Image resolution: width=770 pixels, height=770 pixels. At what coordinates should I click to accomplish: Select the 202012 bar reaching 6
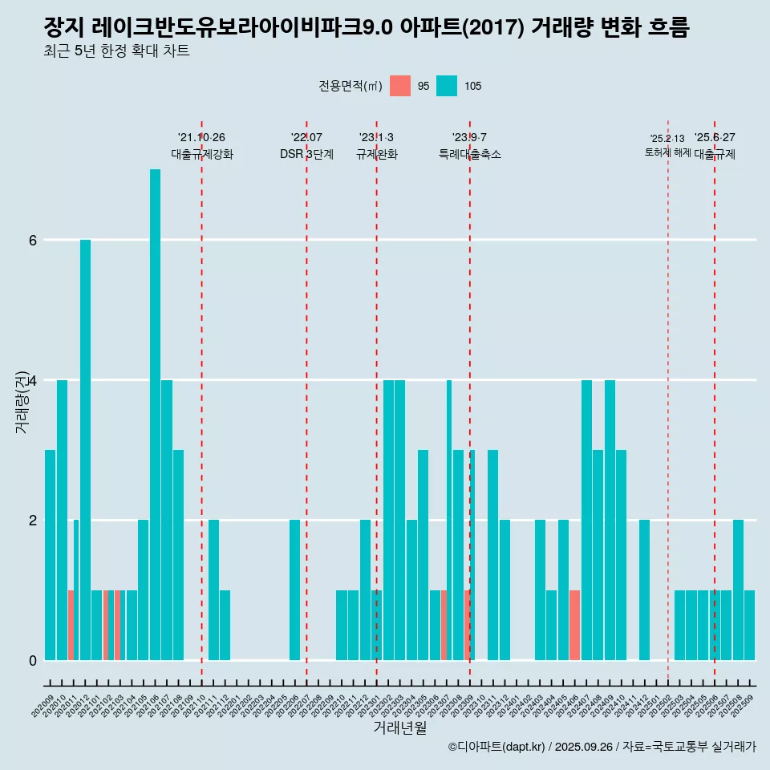tap(85, 449)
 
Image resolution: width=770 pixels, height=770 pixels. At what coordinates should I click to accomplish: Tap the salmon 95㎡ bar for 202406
tap(574, 625)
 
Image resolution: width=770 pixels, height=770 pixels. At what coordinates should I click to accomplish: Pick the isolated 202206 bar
tap(294, 590)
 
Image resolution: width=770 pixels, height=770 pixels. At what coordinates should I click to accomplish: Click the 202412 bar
tap(644, 590)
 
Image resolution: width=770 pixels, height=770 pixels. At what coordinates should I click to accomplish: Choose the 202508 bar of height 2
tap(738, 590)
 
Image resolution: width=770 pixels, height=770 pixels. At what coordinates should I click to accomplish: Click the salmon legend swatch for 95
tap(400, 86)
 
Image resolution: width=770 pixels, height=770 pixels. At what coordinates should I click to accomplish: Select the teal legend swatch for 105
tap(447, 86)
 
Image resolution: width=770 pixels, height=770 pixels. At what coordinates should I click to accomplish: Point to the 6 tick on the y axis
tap(33, 240)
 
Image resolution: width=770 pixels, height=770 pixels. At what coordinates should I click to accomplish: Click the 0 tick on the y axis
tap(33, 660)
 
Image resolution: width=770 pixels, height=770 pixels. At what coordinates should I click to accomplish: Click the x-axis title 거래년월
tap(399, 727)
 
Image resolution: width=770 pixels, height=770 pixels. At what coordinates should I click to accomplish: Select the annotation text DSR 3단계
tap(306, 154)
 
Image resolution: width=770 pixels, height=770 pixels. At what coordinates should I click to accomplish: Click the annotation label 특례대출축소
tap(469, 154)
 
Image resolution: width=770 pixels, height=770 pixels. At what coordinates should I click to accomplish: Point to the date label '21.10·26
tap(201, 137)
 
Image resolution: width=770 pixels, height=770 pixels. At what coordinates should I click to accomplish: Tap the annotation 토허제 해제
tap(667, 152)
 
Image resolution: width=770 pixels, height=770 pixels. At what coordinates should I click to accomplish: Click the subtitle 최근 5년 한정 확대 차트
tap(117, 51)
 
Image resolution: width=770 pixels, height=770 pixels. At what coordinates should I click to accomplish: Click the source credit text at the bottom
tap(602, 747)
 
